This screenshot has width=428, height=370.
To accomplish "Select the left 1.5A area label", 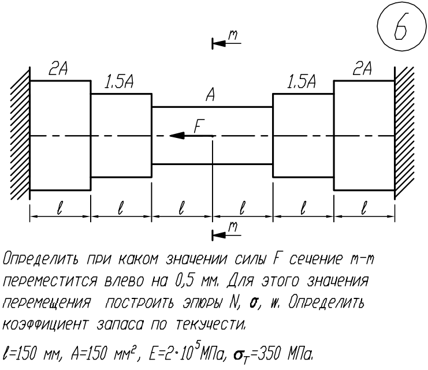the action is pos(120,81).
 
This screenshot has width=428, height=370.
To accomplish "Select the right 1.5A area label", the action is pos(302,81).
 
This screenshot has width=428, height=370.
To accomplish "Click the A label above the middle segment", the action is pos(210,95).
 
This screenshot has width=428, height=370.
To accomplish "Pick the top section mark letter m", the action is pos(233,35).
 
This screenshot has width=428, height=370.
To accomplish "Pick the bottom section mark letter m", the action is pos(233,227).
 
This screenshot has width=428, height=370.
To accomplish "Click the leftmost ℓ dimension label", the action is pos(59,208).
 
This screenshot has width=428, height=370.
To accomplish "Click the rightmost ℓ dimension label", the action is pos(363,208).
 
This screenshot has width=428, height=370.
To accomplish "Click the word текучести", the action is pos(210,324).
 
